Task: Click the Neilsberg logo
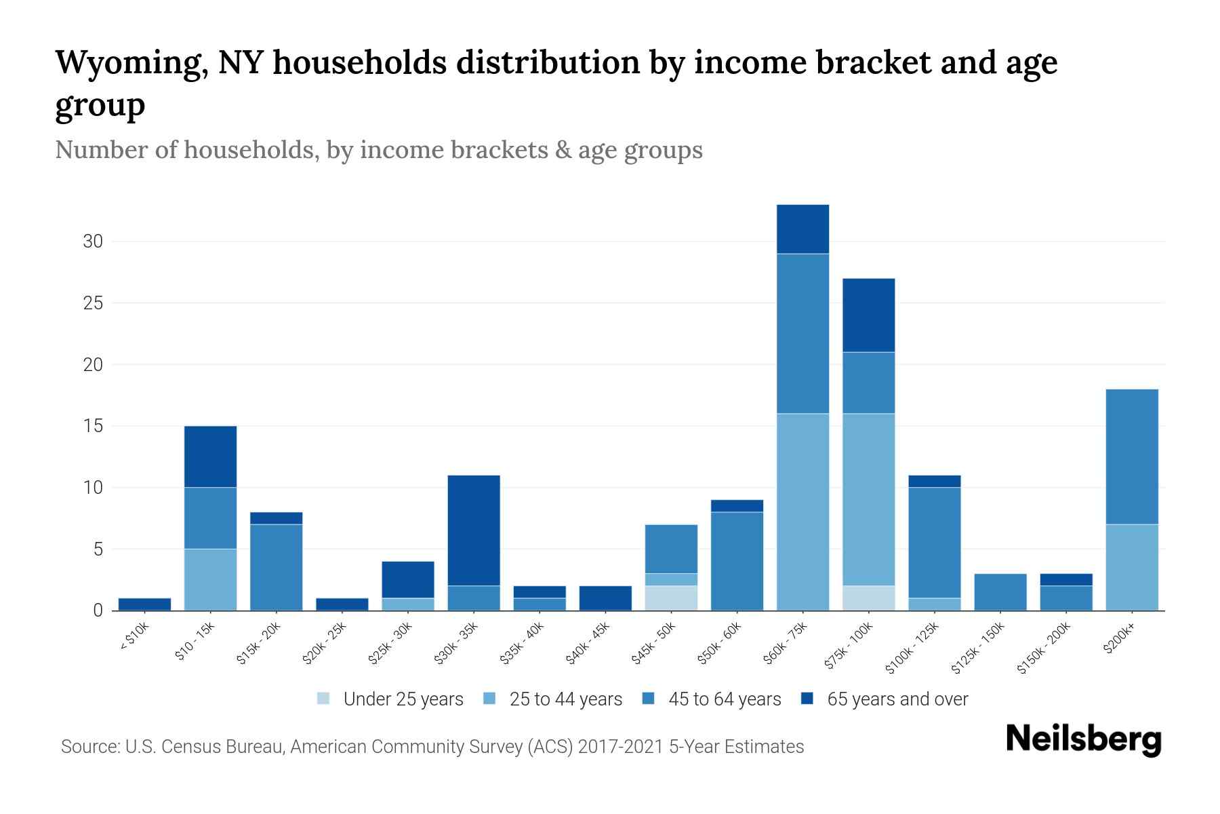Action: point(1083,739)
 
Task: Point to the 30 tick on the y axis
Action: point(94,241)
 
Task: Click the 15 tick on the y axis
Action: point(94,426)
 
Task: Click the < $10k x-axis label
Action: point(134,637)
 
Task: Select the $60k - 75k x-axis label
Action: point(786,644)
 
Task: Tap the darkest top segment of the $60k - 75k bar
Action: point(802,229)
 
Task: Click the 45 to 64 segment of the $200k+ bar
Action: point(1131,456)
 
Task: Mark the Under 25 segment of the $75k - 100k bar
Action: point(868,598)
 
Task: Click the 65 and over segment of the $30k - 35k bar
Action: point(474,530)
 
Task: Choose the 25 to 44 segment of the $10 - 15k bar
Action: point(210,579)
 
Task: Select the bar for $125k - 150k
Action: point(1000,592)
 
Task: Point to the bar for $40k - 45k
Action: point(605,598)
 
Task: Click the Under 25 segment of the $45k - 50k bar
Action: point(671,598)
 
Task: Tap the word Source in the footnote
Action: point(89,747)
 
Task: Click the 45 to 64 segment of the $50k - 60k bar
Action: point(737,561)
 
